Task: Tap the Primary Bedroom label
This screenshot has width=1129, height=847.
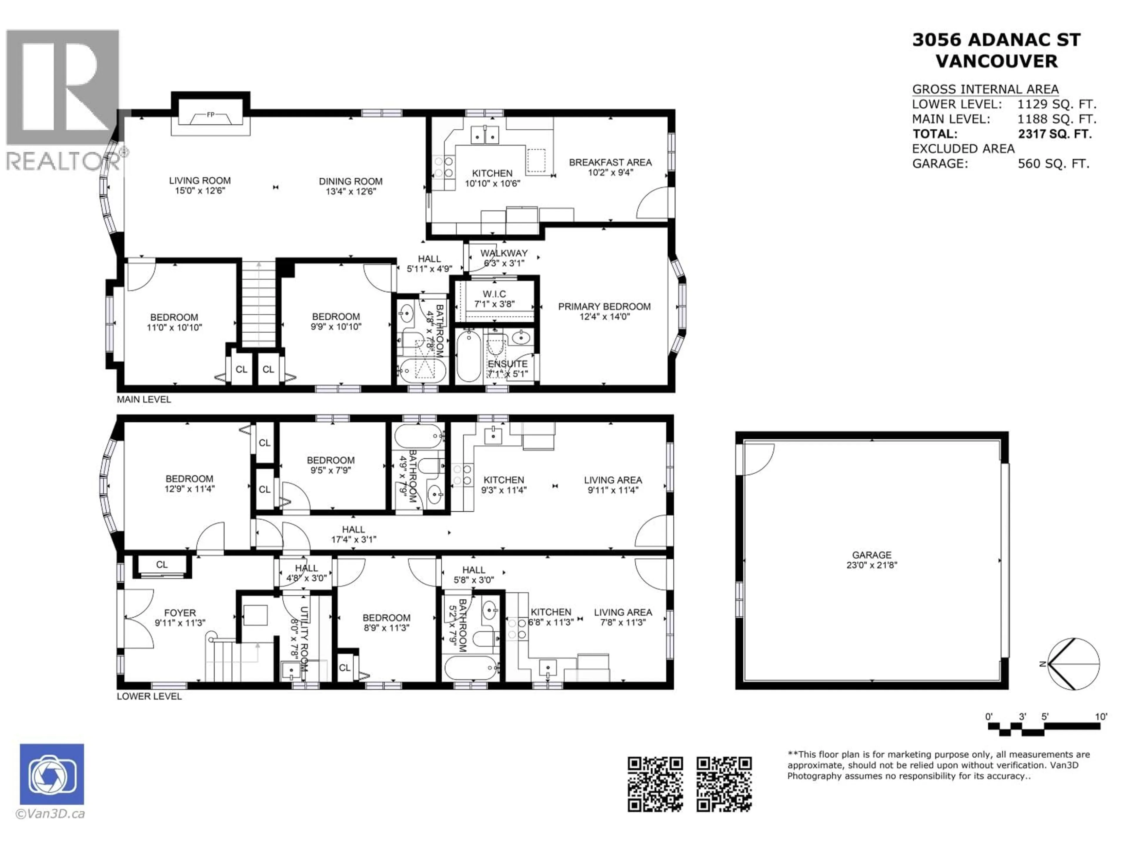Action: (x=604, y=306)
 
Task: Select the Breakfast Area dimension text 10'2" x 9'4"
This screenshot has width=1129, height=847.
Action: (x=610, y=173)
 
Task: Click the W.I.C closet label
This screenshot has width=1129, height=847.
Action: (x=494, y=294)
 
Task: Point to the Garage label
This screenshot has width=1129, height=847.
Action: (x=871, y=555)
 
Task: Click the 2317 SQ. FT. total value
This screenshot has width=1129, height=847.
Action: (x=1055, y=134)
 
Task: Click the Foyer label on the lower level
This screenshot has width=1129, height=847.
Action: (x=180, y=613)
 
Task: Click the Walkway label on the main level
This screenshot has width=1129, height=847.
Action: (x=503, y=253)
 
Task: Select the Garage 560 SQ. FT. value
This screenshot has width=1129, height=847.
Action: (x=1053, y=164)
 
